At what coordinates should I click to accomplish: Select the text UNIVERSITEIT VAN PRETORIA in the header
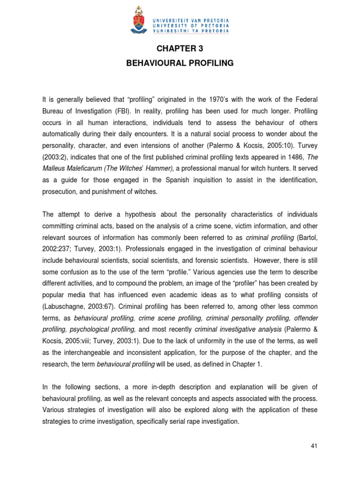point(191,21)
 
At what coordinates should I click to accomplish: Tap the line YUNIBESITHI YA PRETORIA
point(191,31)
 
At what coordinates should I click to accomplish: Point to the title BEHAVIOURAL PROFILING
point(180,63)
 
